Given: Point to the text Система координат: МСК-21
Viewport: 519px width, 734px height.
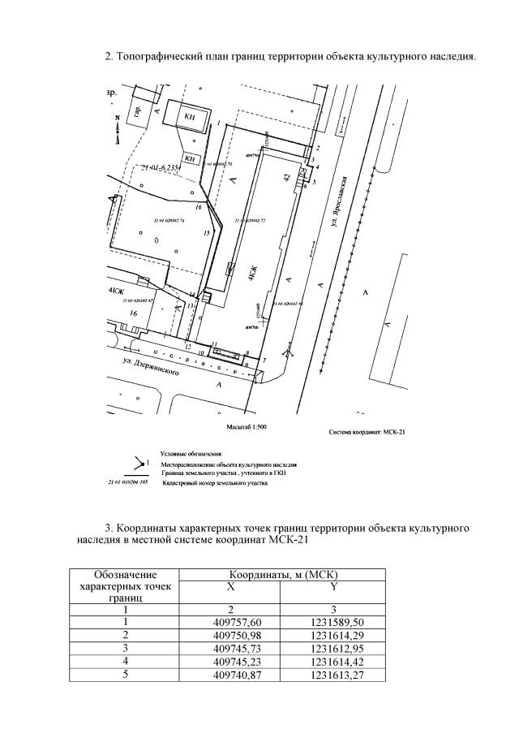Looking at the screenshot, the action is coord(367,432).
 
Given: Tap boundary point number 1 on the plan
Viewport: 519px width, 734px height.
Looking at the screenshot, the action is coord(220,122).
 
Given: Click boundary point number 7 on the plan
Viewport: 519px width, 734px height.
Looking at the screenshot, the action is coord(264,359).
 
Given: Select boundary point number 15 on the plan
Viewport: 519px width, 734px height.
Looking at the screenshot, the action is coord(207,233).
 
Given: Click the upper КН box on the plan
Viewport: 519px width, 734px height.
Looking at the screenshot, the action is coord(190,118).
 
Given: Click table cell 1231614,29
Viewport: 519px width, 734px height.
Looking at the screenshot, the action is coord(332,634).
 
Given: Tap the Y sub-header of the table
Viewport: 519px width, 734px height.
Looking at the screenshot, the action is coord(332,586).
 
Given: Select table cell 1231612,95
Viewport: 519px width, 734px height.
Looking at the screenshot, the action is coord(332,647).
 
